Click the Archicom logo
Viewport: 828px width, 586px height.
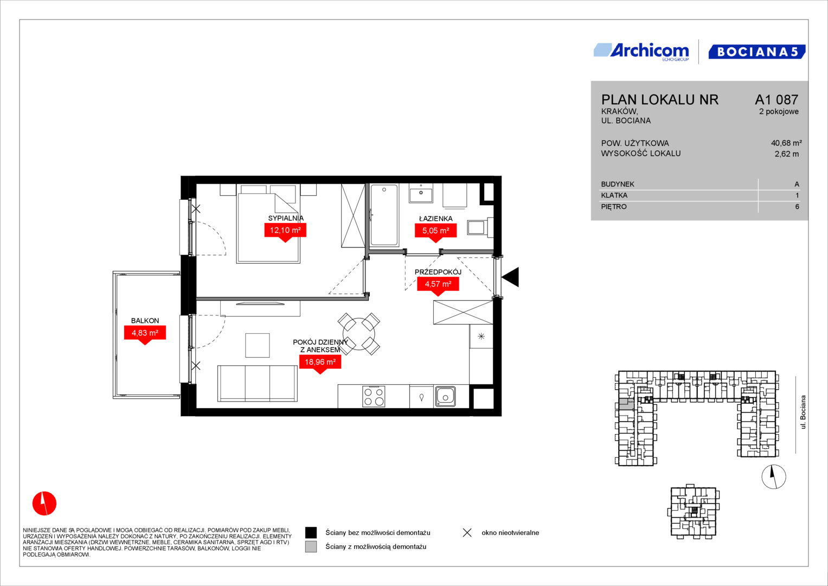click(641, 52)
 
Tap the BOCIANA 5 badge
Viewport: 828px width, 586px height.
click(756, 52)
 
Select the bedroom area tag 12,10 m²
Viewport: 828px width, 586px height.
click(285, 232)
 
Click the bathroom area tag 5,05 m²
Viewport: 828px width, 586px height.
click(436, 232)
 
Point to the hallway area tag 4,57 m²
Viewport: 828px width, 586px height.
click(438, 286)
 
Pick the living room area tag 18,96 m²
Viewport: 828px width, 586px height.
click(320, 364)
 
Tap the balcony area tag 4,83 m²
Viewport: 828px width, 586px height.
click(145, 334)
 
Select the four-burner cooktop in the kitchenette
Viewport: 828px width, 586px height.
click(374, 397)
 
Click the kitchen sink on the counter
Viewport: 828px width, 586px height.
click(445, 397)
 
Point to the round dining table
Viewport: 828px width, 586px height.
click(358, 334)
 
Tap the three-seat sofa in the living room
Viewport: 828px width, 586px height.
click(257, 383)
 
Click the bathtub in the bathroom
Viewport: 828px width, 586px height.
click(384, 215)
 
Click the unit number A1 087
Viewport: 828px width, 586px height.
click(776, 99)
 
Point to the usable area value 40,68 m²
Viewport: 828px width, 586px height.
click(786, 143)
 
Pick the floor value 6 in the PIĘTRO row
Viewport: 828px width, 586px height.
click(797, 206)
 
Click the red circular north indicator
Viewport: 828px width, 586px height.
click(44, 504)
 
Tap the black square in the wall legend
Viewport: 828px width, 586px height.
click(311, 533)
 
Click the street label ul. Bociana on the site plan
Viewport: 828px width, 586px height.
click(803, 412)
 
